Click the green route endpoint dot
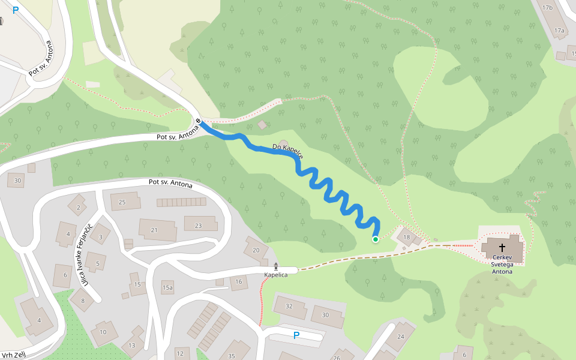tap(376, 239)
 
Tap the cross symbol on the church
tap(502, 247)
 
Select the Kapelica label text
tap(276, 275)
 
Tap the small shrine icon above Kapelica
tap(276, 266)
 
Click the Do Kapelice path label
tap(288, 151)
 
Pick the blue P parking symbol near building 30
tap(296, 335)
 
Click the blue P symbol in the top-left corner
tap(16, 10)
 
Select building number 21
tap(154, 230)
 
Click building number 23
tap(198, 226)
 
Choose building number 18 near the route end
tap(406, 238)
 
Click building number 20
tap(256, 250)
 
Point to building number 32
tap(289, 306)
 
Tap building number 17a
tap(559, 30)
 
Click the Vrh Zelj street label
tap(13, 355)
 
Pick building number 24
tap(401, 337)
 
